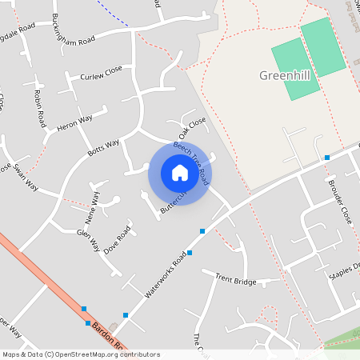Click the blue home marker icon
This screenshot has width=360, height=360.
coord(180,173)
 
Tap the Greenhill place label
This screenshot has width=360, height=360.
coord(285,75)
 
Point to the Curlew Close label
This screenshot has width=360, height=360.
coord(101,73)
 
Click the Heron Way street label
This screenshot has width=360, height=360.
coord(74,122)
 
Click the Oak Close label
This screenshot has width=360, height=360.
coord(192,126)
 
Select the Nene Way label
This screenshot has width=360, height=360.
coord(93,207)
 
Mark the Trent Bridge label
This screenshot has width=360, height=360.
coord(235,279)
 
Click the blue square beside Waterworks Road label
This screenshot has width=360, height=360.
coord(202,231)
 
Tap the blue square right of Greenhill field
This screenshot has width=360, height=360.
coord(326,158)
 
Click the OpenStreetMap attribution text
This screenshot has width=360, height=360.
coord(80,354)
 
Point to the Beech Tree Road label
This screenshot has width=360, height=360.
coord(192,160)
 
